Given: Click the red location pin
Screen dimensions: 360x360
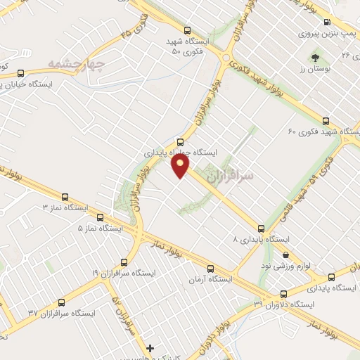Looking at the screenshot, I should point(181,167).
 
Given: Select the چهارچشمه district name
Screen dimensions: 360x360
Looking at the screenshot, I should point(76,65).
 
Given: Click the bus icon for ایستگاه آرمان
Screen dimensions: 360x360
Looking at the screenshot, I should point(211,268).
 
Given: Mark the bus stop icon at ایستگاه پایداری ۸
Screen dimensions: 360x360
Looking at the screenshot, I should point(262,228).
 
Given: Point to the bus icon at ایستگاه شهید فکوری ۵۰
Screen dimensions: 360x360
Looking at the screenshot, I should point(187,30).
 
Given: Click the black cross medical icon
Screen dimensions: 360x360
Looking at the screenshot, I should point(150,348).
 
